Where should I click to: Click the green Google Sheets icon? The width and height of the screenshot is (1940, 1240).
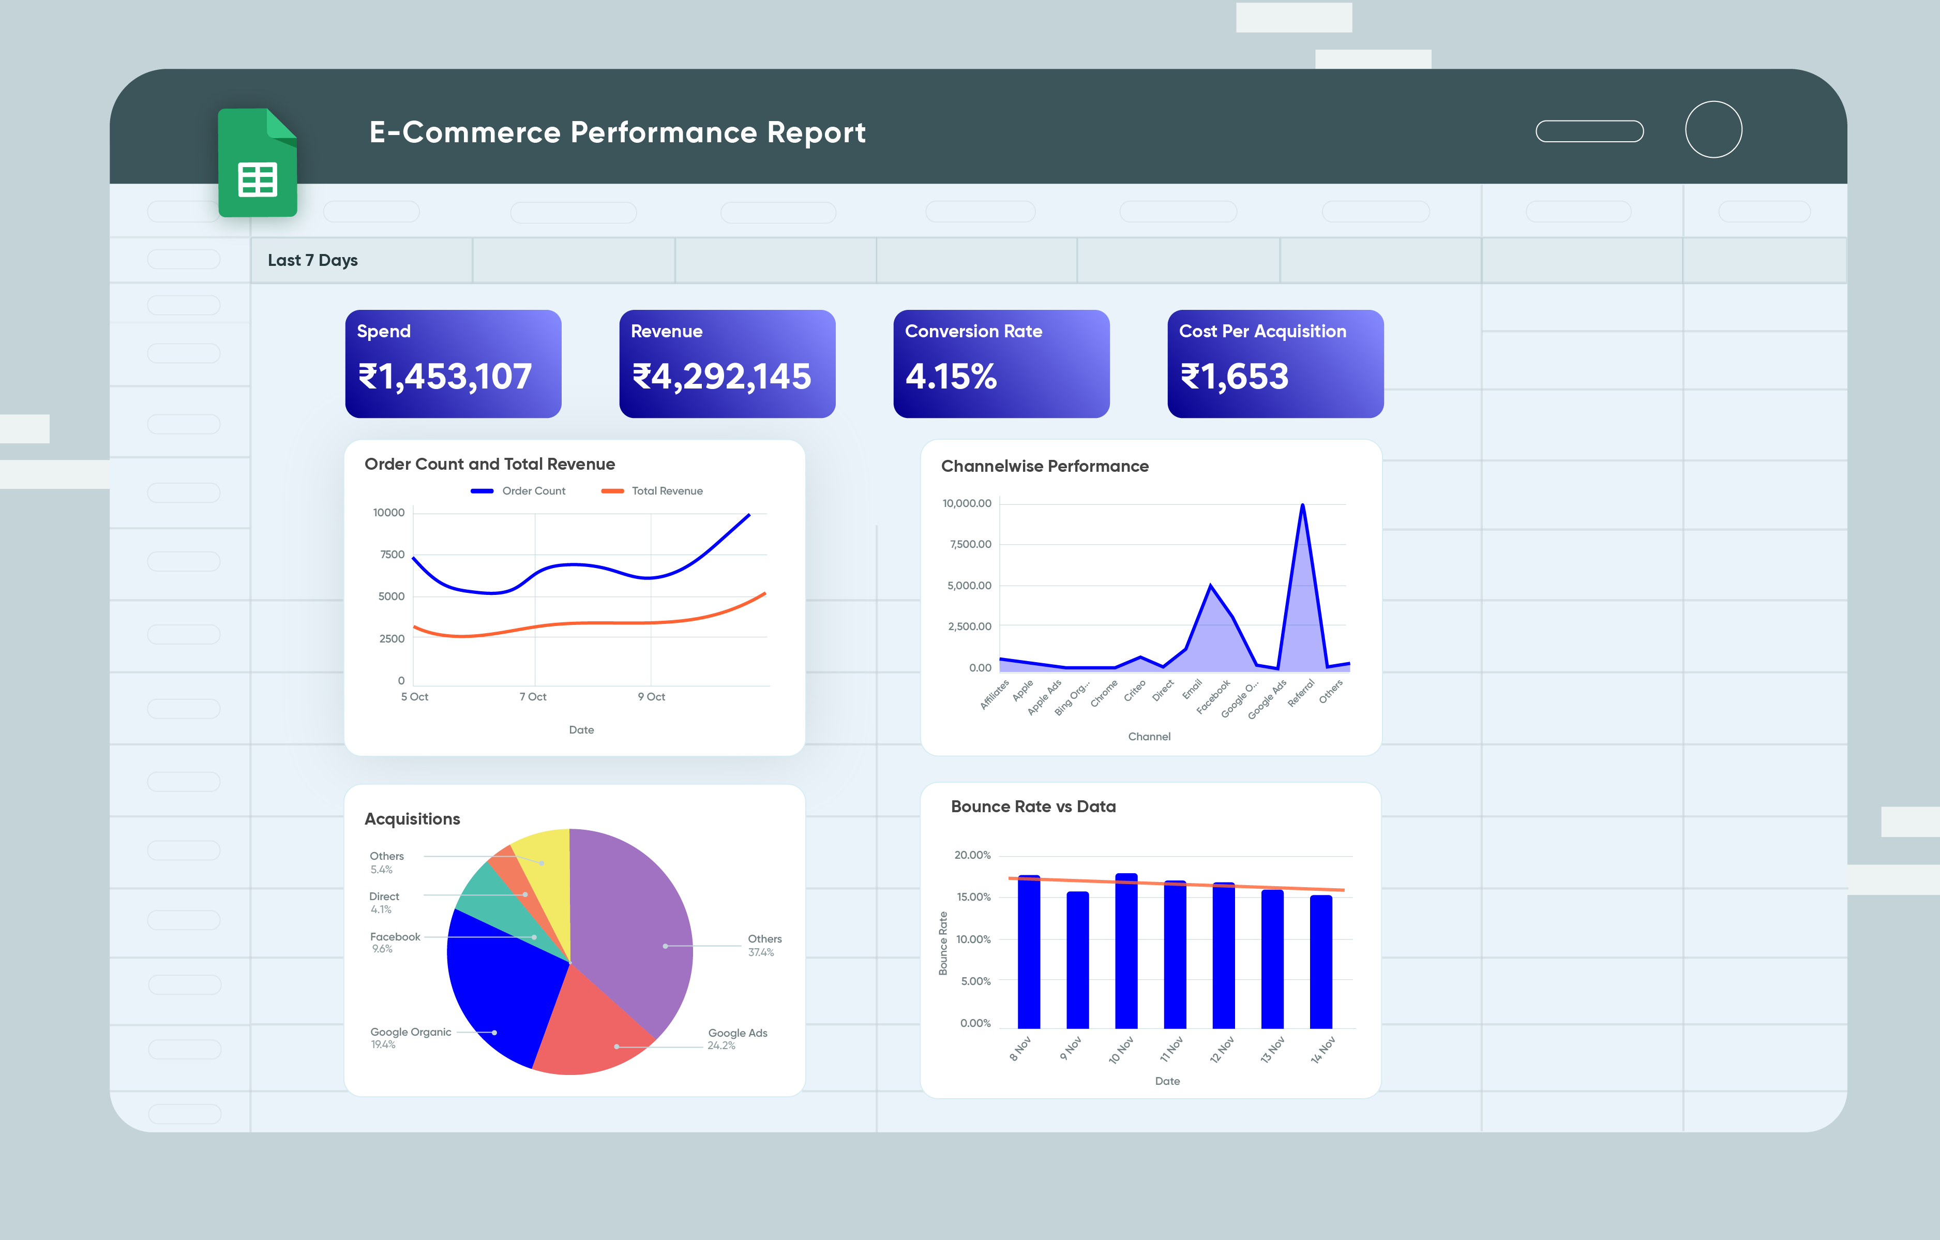click(x=258, y=163)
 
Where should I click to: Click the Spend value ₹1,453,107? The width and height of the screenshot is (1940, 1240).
click(x=445, y=376)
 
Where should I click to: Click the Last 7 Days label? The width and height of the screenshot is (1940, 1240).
click(x=312, y=260)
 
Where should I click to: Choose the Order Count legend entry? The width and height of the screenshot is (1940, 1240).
click(x=533, y=491)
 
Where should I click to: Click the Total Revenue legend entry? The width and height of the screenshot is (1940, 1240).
click(x=666, y=491)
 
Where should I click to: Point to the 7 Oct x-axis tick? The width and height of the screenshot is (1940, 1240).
click(x=533, y=696)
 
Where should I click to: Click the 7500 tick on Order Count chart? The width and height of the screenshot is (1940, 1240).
click(x=393, y=555)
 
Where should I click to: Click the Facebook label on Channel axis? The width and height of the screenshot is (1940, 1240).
click(x=1213, y=696)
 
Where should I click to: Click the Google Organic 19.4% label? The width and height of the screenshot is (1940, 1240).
click(x=410, y=1037)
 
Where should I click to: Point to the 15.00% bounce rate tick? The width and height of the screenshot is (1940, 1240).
click(x=973, y=897)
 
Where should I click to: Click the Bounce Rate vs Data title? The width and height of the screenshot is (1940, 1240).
click(x=1033, y=806)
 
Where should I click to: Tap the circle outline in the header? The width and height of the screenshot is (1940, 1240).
click(x=1713, y=130)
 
